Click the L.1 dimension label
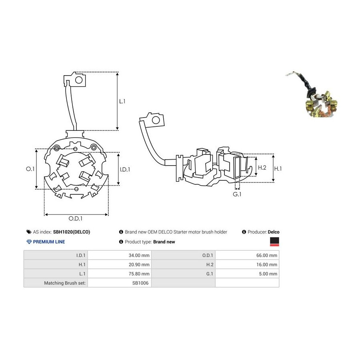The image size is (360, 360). coord(122,101)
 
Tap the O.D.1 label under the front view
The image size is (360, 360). coord(75,218)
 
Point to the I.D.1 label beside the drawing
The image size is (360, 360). coord(125,170)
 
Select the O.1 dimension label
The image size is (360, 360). coord(30,169)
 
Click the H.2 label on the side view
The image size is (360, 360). coord(262,168)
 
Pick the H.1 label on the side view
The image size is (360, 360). coord(278,169)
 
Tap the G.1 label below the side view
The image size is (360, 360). coord(237,194)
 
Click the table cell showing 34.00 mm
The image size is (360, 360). coord(139,255)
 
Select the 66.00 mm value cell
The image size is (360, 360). coord(266,255)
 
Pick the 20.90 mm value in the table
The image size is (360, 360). coord(139,264)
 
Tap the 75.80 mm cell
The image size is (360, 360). coord(139,274)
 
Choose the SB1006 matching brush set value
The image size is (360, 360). coord(140,283)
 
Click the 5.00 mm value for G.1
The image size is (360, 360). coord(268,274)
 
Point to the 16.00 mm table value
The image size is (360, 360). coord(266,264)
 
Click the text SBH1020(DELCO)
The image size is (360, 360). coord(72,232)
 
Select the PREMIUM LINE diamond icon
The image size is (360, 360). coord(29,242)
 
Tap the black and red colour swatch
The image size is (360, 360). coord(274,242)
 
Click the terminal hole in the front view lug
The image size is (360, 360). coord(79,80)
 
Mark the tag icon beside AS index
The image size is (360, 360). coord(29,232)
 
